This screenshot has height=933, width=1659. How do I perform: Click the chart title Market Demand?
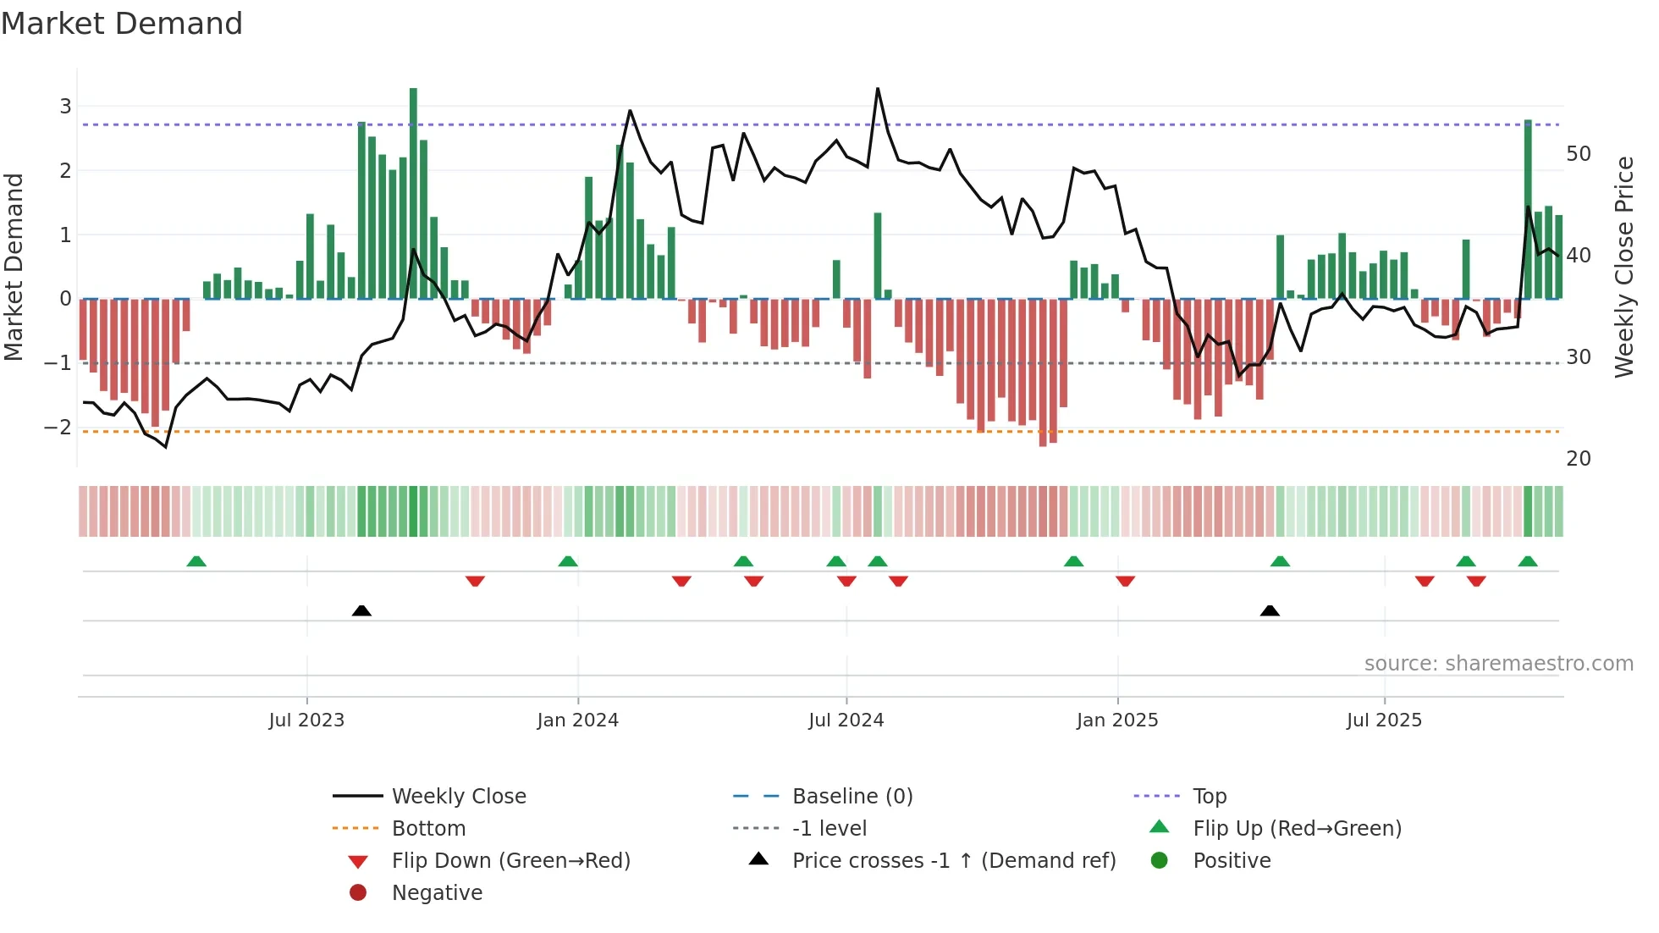pos(122,24)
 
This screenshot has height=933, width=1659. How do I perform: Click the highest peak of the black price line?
pos(878,89)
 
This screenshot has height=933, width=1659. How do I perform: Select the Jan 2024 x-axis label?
pos(577,720)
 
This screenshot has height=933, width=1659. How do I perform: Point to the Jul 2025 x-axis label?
pos(1384,720)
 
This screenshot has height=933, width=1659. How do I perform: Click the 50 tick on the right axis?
pos(1578,154)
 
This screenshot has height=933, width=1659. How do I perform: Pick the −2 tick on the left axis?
pos(58,428)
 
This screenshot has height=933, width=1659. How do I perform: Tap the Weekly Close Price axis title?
pos(1623,267)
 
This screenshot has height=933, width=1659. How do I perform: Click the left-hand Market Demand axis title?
pos(14,267)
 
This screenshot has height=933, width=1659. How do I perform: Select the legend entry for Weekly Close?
pos(458,797)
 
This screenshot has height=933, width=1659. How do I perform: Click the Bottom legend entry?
pos(428,829)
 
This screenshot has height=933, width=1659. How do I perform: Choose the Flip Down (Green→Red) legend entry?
pos(510,861)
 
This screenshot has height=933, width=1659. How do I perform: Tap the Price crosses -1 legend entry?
pos(953,861)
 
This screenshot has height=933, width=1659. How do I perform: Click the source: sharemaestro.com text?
pos(1498,664)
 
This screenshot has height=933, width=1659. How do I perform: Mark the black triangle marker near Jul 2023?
pos(361,610)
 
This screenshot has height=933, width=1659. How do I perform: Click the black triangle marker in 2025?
pos(1270,610)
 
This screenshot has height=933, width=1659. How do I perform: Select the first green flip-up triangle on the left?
pos(196,561)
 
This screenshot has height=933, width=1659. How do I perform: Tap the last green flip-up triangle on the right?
pos(1528,561)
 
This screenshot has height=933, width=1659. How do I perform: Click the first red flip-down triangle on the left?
pos(475,581)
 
